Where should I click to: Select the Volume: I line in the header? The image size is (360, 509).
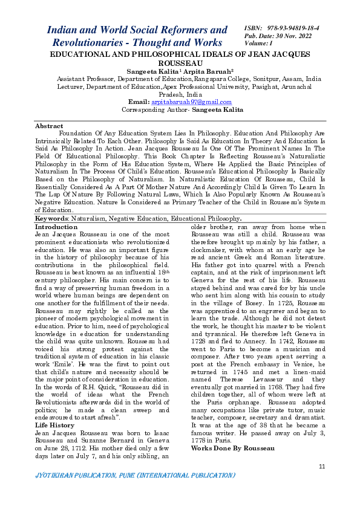(259, 44)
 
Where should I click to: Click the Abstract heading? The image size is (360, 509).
(49, 126)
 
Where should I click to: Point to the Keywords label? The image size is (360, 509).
(51, 218)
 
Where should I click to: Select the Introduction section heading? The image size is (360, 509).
(56, 225)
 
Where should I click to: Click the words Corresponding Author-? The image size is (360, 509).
(156, 110)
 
